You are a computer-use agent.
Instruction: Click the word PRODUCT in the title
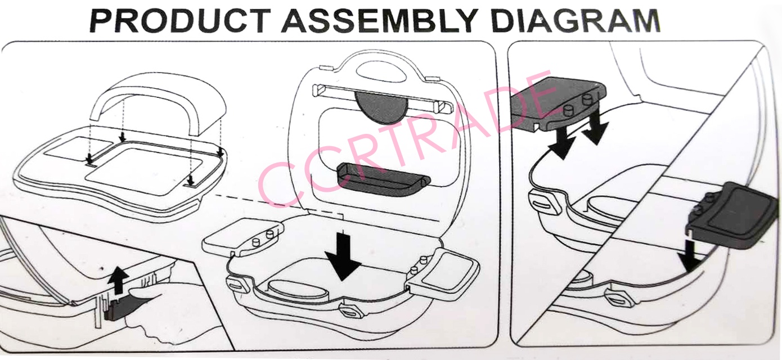(x=181, y=21)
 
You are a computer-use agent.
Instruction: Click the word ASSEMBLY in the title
(x=380, y=21)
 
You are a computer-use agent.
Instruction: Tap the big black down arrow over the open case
(x=343, y=256)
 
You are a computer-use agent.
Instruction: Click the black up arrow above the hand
(x=118, y=280)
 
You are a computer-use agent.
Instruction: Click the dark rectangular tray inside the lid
(x=383, y=179)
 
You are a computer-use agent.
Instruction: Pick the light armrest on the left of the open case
(x=242, y=236)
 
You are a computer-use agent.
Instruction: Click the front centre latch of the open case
(x=352, y=310)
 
